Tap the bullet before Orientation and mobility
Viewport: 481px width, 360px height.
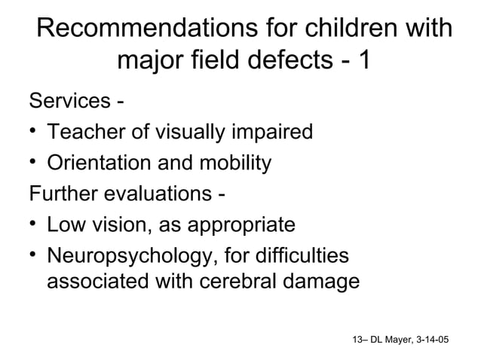click(33, 163)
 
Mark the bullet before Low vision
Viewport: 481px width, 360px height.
click(33, 224)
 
